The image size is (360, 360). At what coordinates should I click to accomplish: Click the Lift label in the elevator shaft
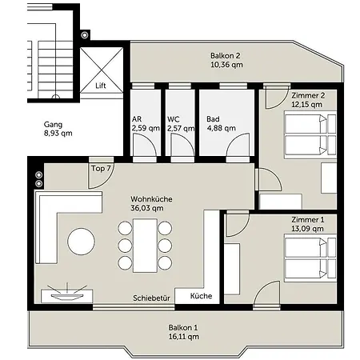101,86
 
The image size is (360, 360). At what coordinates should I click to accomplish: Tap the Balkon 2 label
226,56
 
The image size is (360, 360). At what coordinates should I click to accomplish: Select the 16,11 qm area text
184,337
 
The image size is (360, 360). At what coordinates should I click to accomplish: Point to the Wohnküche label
151,199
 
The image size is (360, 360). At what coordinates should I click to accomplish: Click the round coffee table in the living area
81,242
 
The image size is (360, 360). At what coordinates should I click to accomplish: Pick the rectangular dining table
145,246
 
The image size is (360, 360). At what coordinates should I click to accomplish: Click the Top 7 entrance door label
101,169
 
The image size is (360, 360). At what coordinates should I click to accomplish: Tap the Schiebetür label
151,298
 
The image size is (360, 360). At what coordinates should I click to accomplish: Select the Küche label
201,296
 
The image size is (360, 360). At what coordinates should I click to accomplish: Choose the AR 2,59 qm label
146,124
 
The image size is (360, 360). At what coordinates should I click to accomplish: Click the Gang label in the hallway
53,125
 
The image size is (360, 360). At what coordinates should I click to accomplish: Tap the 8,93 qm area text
58,134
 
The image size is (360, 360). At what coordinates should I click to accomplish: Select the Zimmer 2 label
308,95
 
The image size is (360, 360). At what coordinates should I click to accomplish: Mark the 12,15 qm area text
306,105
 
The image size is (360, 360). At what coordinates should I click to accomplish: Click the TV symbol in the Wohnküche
67,294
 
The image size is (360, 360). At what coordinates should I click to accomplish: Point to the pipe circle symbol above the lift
85,35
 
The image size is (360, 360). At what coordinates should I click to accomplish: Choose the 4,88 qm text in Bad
222,128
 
